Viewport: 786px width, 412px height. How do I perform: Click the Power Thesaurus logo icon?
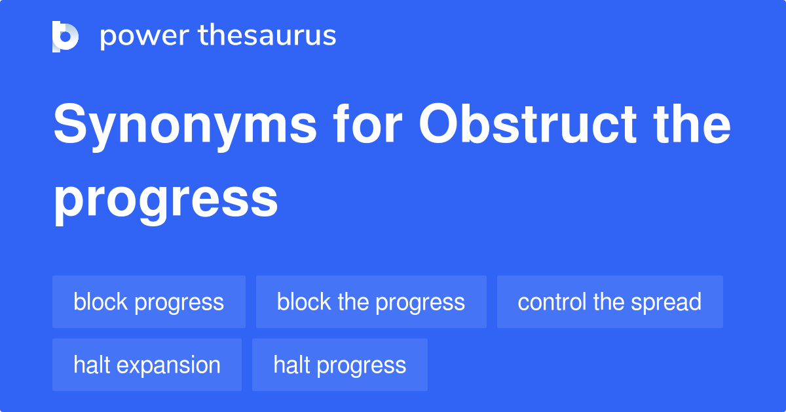pos(65,36)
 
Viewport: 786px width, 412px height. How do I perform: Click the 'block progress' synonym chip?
pos(149,302)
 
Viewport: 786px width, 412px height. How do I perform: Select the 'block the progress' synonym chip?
pos(371,302)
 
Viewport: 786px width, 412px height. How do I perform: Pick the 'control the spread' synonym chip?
pos(609,302)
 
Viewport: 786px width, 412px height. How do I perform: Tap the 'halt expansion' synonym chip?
pos(147,365)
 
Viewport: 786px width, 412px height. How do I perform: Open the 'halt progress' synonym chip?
pos(339,365)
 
